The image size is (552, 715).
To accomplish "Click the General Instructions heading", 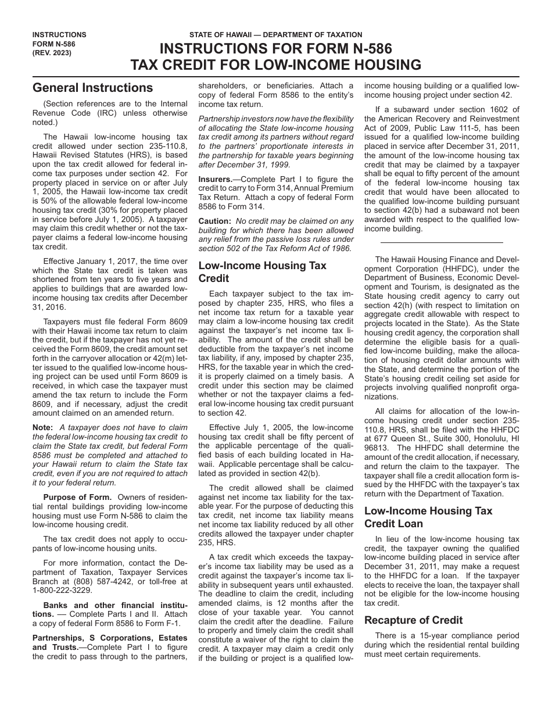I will pyautogui.click(x=93, y=88).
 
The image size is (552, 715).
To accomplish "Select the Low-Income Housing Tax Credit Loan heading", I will pyautogui.click(x=428, y=517).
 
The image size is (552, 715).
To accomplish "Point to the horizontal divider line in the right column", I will pyautogui.click(x=442, y=242).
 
